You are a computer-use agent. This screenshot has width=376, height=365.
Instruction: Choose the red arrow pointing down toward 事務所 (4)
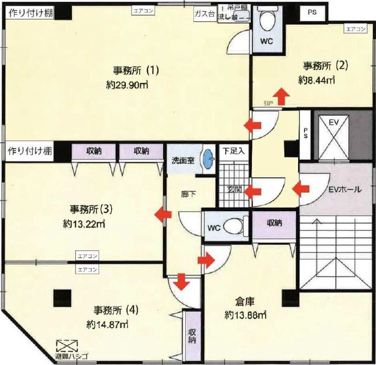181,282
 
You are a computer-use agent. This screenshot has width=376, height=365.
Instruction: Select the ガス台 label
204,15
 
